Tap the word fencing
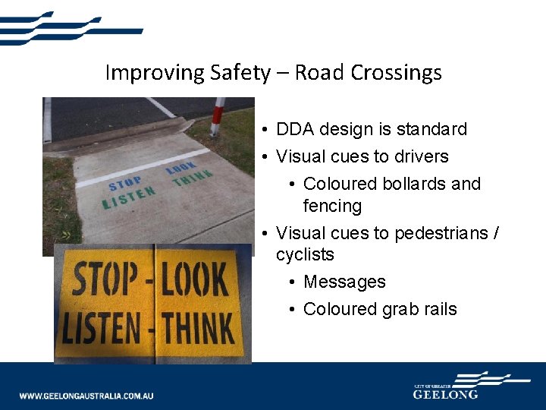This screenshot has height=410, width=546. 332,206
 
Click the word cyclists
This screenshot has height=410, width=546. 305,254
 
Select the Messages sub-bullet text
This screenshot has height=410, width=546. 344,282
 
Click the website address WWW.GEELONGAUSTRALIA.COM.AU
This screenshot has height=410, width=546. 86,396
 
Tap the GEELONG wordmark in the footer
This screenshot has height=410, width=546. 446,394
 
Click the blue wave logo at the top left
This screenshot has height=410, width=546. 68,28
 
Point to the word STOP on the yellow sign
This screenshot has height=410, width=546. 105,280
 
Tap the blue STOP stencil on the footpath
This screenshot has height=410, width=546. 126,185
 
